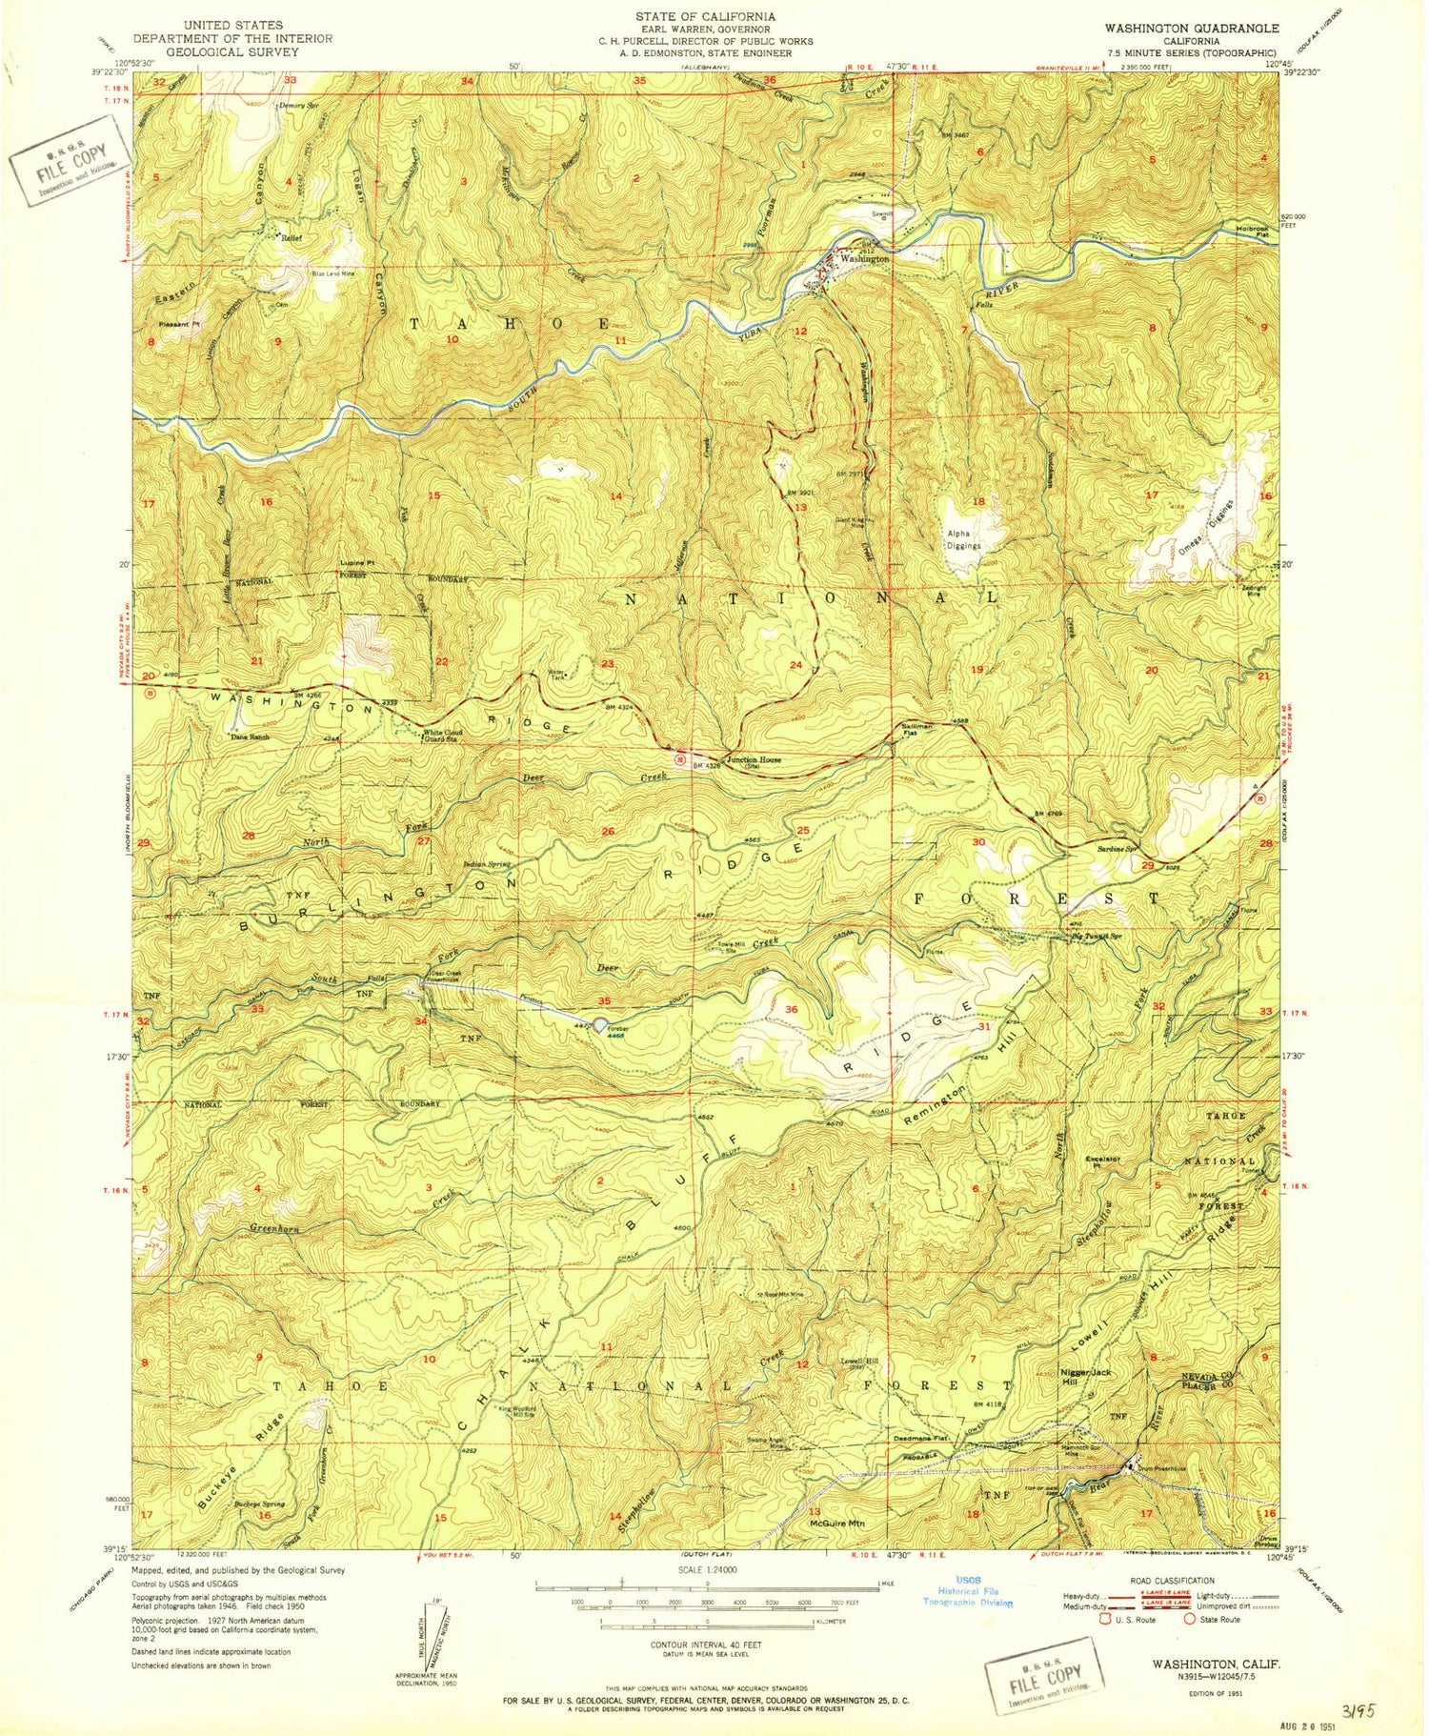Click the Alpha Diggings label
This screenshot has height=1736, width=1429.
(962, 539)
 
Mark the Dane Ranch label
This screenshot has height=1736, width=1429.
(250, 737)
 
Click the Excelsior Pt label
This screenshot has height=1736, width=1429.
(1100, 1161)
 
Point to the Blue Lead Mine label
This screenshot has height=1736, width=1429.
(333, 274)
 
